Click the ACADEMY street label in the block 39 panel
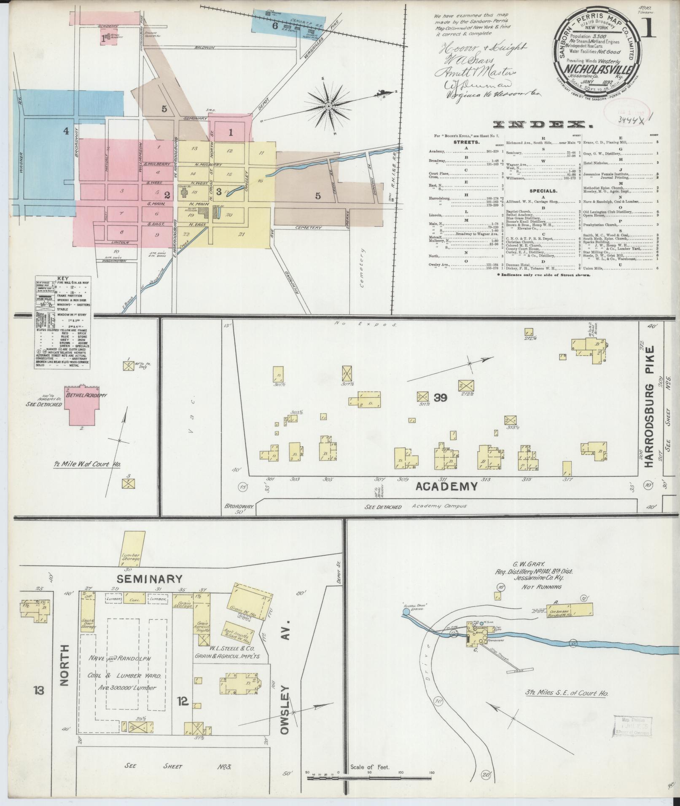[446, 487]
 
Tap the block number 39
[440, 397]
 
